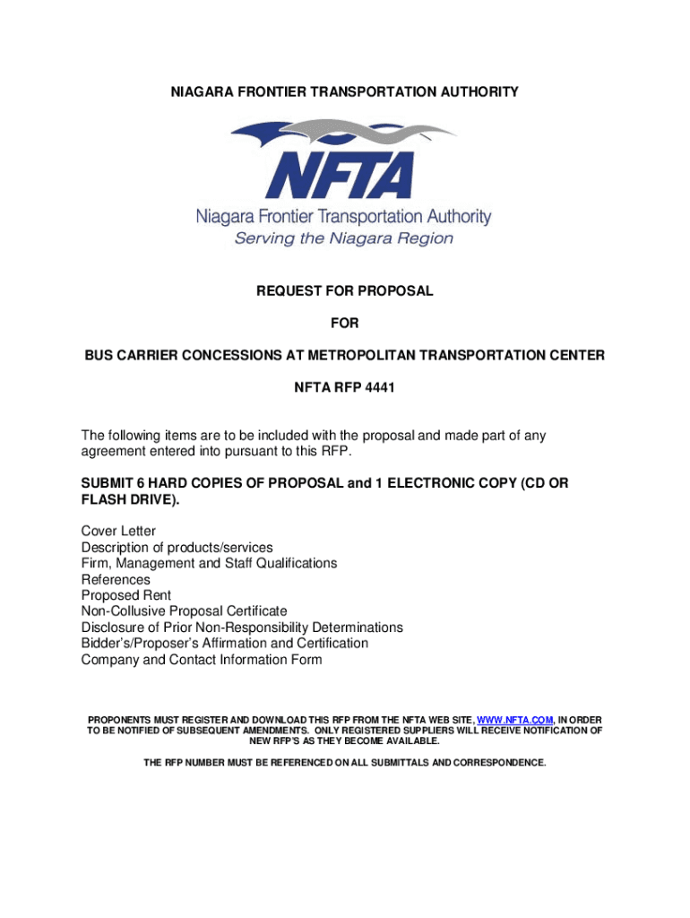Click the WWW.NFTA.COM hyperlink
coord(515,720)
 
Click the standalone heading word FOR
coord(345,323)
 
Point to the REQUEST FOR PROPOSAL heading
coord(345,290)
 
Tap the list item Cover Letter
coord(118,531)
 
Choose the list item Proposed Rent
coord(126,595)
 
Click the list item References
coord(116,579)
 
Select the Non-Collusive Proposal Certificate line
coord(185,611)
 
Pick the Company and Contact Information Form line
coord(202,660)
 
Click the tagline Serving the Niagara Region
coord(344,238)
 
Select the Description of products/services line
coord(177,547)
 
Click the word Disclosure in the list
coord(113,628)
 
